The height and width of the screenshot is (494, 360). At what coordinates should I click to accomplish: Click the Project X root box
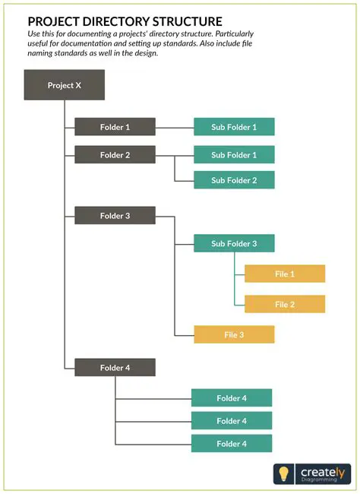tap(64, 85)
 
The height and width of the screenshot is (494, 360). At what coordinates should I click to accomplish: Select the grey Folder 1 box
tap(115, 127)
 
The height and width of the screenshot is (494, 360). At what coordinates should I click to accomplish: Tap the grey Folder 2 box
tap(115, 155)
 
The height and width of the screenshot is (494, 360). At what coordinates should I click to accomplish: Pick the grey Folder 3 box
tap(115, 216)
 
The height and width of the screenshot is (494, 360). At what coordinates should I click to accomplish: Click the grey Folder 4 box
tap(115, 368)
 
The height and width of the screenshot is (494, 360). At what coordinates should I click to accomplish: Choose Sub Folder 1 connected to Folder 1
tap(234, 127)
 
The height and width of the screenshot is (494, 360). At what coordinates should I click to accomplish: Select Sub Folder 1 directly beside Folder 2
tap(234, 155)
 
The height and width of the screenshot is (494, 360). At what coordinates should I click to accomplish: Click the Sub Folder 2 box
tap(234, 180)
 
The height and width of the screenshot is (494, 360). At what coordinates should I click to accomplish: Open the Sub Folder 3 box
tap(234, 244)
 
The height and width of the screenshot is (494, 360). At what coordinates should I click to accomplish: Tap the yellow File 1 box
tap(285, 274)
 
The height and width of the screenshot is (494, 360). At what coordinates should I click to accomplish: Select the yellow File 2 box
tap(285, 305)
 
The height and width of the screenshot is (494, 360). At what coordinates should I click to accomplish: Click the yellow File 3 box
tap(234, 334)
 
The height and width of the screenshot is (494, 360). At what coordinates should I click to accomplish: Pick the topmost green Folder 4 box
tap(232, 398)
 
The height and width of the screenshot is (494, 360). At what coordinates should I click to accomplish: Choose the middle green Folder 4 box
tap(232, 421)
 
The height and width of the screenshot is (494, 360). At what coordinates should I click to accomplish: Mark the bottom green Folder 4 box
tap(232, 444)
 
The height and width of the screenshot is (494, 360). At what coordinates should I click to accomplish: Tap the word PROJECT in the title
tap(53, 22)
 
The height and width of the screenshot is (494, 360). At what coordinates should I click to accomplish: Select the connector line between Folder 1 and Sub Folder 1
tap(175, 127)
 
